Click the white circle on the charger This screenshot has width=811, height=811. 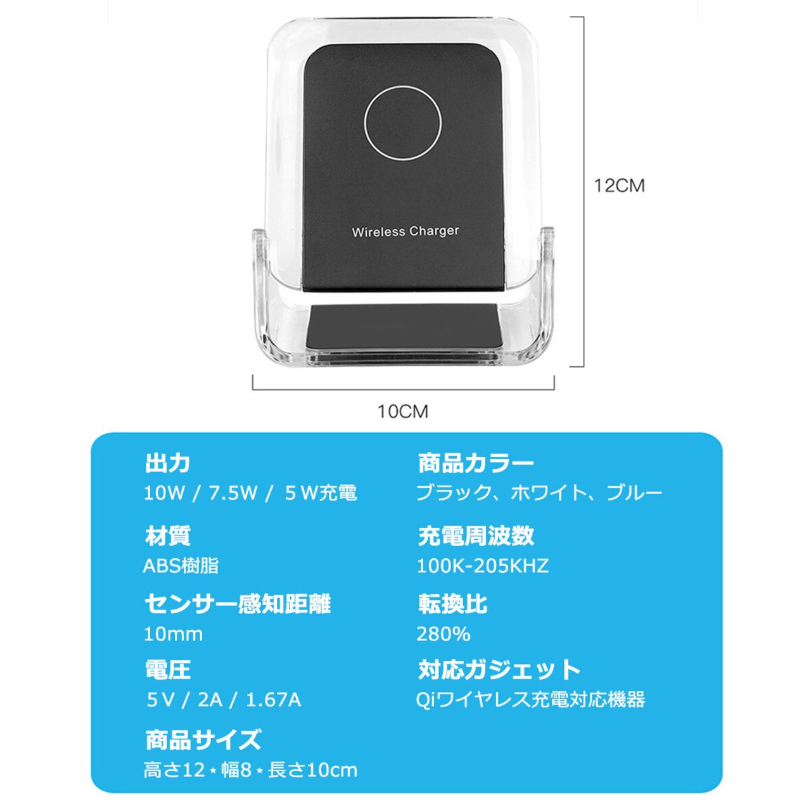403,122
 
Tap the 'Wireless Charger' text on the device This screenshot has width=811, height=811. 405,231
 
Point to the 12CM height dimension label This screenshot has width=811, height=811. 619,186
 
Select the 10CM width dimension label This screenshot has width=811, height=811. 403,411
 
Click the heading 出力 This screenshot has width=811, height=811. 167,463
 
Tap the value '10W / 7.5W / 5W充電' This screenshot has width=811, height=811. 250,493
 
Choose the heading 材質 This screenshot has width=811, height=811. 167,536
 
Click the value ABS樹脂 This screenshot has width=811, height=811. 181,565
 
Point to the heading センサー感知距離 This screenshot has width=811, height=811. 238,604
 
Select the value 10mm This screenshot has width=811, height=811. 173,634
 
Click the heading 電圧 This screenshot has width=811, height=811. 167,670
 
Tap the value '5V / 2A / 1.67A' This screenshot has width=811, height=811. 224,699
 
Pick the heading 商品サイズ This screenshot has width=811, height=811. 203,739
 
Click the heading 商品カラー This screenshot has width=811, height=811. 476,463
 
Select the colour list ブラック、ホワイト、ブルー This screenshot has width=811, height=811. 539,493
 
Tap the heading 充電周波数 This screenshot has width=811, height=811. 476,536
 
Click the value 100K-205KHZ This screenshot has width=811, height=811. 482,565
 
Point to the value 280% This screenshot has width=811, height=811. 443,634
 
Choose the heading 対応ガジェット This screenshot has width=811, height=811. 499,670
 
